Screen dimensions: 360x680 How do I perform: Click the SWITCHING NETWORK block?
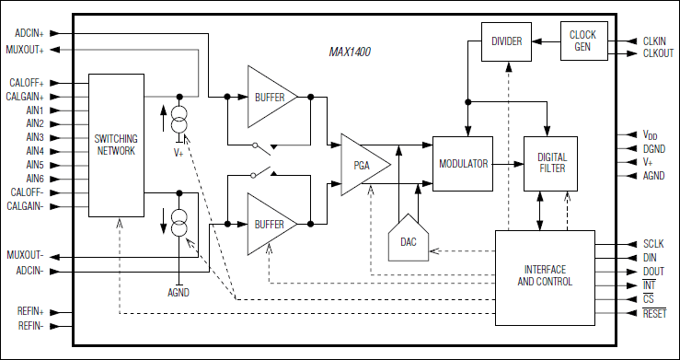click(116, 144)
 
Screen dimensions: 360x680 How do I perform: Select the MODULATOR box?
click(462, 162)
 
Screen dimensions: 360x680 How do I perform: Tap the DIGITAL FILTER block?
click(552, 163)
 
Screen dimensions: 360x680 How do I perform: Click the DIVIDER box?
click(507, 41)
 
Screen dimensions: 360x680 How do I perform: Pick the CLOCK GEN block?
click(582, 41)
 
